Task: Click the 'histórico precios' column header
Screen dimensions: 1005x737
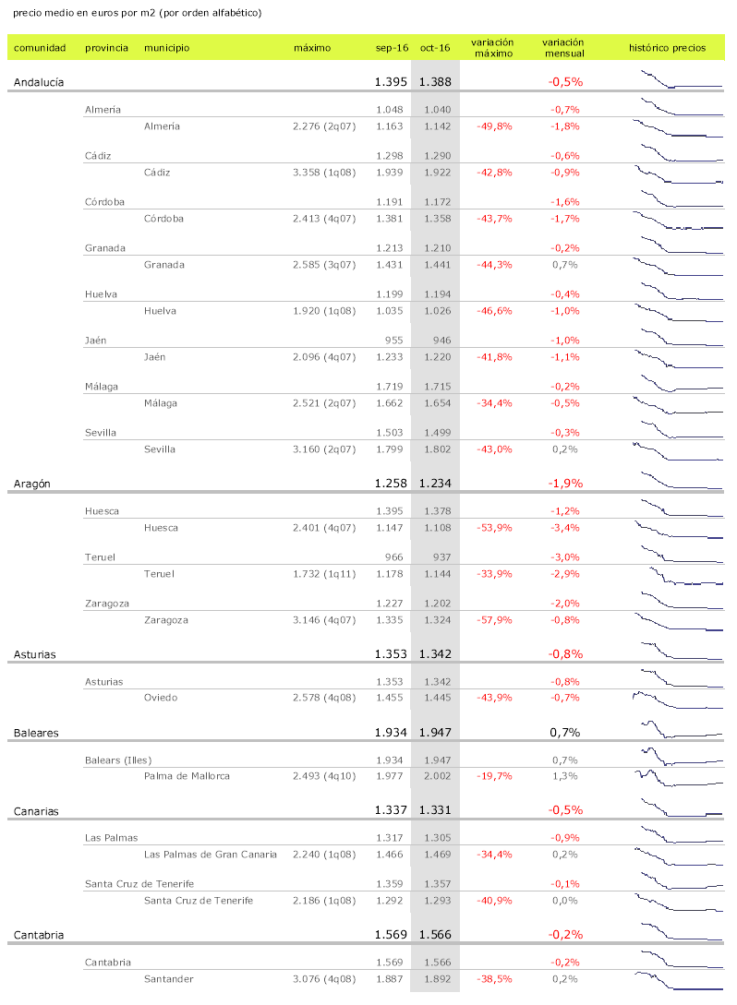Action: pos(667,47)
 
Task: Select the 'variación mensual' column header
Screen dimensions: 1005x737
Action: pos(562,47)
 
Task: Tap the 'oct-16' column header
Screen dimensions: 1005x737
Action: pos(435,47)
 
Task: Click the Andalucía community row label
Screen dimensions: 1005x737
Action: pos(39,82)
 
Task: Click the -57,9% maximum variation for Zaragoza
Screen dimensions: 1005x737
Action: pos(493,620)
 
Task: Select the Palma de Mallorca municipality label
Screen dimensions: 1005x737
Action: pos(187,776)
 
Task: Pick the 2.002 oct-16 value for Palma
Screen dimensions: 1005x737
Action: pos(435,776)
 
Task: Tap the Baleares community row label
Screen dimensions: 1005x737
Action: pos(36,733)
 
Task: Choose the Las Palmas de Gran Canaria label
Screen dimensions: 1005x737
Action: pos(211,855)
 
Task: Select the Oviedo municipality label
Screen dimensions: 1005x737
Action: pos(161,698)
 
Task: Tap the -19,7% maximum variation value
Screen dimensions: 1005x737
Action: pos(493,776)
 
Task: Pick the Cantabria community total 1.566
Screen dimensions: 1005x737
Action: pos(434,934)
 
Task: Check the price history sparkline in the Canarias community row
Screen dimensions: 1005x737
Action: pos(679,810)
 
